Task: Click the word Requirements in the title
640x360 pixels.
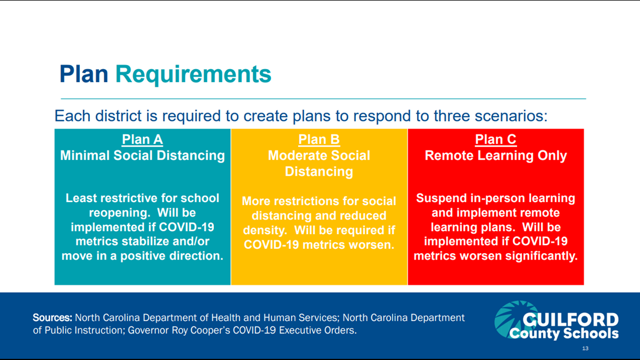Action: click(193, 75)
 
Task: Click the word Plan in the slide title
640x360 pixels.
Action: click(84, 74)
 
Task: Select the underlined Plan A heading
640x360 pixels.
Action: click(143, 140)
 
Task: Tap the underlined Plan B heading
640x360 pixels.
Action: click(319, 140)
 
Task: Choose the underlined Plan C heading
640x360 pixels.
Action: click(496, 140)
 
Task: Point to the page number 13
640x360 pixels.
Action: click(586, 348)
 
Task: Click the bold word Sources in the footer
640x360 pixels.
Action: click(52, 317)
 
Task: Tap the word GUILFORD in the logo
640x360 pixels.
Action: click(570, 320)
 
